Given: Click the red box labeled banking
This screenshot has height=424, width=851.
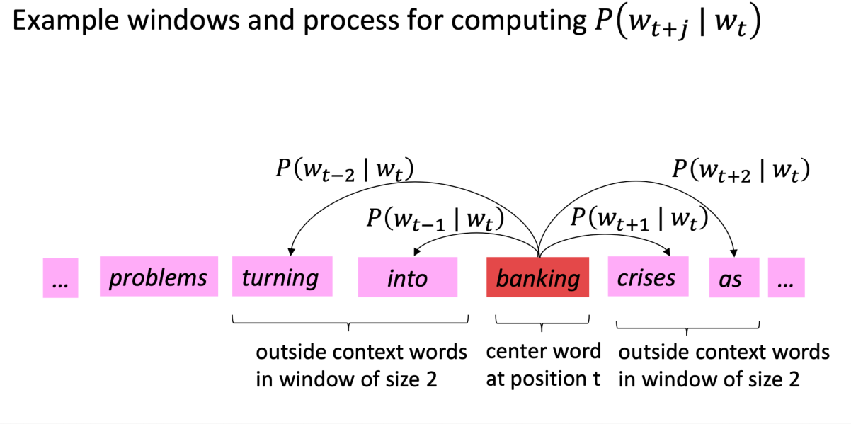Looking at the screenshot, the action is [x=537, y=277].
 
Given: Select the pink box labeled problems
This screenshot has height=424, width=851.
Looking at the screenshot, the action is [x=159, y=276].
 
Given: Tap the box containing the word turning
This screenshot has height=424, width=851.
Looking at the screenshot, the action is [x=282, y=276].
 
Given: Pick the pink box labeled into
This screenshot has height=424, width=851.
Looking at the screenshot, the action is [x=408, y=277].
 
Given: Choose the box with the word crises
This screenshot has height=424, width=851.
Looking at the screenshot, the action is [x=648, y=276].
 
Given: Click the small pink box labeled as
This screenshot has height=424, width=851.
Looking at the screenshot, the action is [x=734, y=277].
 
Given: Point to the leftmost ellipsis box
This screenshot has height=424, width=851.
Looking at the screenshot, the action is [x=60, y=277].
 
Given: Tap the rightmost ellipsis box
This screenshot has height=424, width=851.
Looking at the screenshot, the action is [x=787, y=277].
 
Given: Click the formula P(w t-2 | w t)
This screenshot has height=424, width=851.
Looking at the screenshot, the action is [x=345, y=169].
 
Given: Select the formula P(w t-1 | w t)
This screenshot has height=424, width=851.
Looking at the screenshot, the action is [x=435, y=219].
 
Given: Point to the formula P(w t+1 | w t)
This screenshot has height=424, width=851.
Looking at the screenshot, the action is [x=640, y=219].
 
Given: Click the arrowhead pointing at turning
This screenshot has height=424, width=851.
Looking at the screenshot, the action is [x=291, y=252].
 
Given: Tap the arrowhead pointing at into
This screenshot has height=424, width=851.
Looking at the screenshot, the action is [x=416, y=251].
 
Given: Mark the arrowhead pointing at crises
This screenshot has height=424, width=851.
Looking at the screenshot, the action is [x=667, y=251].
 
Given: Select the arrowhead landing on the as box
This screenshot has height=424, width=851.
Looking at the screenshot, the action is [x=734, y=253].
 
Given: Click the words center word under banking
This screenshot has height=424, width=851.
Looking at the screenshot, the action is [x=544, y=351].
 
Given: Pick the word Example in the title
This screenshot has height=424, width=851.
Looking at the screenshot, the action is [x=65, y=21].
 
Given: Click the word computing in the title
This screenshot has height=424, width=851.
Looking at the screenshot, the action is [x=519, y=22].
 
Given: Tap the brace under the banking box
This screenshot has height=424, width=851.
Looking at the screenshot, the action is [x=542, y=323].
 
